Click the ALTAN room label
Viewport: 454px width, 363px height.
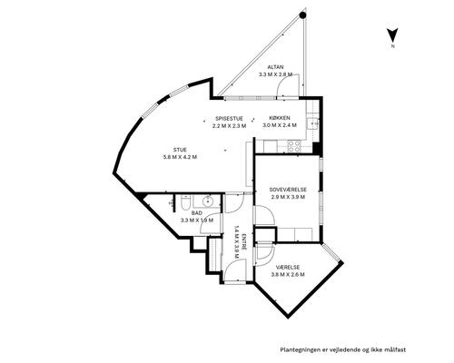(275, 67)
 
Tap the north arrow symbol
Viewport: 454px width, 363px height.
(392, 35)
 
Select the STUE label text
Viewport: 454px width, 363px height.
(180, 150)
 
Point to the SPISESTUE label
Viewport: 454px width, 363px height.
(229, 119)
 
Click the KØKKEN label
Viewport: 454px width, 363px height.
(280, 118)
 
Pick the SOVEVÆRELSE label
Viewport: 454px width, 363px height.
(288, 190)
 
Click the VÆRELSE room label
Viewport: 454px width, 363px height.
(288, 268)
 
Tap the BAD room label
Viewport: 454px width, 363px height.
(197, 213)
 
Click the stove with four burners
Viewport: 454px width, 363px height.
(293, 146)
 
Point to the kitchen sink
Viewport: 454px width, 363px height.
(312, 123)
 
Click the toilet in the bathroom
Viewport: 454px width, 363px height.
(184, 202)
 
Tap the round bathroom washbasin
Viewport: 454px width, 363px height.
(208, 201)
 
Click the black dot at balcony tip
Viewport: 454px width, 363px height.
(302, 15)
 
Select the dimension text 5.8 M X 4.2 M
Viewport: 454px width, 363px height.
(180, 157)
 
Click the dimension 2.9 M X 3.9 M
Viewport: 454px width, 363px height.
(288, 197)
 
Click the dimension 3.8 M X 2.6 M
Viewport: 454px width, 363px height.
(288, 275)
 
